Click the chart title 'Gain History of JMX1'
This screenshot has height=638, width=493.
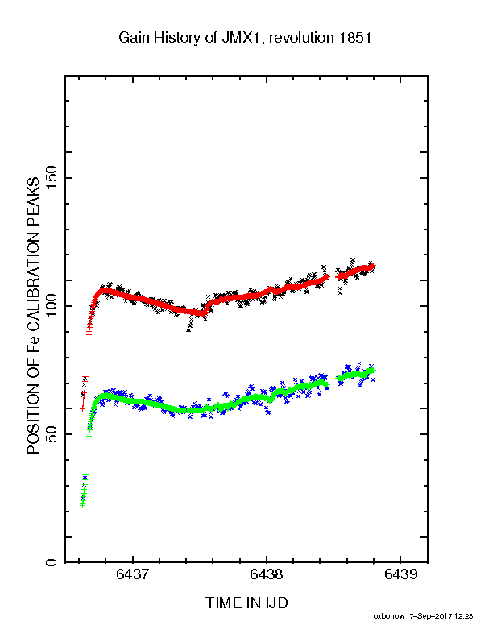click(190, 38)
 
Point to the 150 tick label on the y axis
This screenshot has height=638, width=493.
click(52, 178)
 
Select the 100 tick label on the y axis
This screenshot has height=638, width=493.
click(52, 306)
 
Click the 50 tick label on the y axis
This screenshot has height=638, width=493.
click(52, 434)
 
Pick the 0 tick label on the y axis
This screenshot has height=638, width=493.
click(52, 562)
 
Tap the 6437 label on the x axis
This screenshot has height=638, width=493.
click(133, 574)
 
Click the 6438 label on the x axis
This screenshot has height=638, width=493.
click(266, 574)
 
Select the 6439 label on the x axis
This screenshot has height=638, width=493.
click(400, 574)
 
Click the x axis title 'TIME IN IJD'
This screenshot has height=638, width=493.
click(246, 603)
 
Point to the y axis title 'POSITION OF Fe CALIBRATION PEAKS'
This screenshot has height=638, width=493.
click(33, 315)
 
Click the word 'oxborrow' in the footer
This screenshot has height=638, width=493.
click(389, 616)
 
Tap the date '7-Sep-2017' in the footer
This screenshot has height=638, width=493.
click(431, 616)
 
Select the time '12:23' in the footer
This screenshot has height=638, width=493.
click(464, 616)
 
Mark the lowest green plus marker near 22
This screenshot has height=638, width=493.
click(83, 505)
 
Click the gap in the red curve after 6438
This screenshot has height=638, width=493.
click(332, 277)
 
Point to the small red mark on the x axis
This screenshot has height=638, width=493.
click(374, 564)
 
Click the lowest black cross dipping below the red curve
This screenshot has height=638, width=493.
click(188, 330)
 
